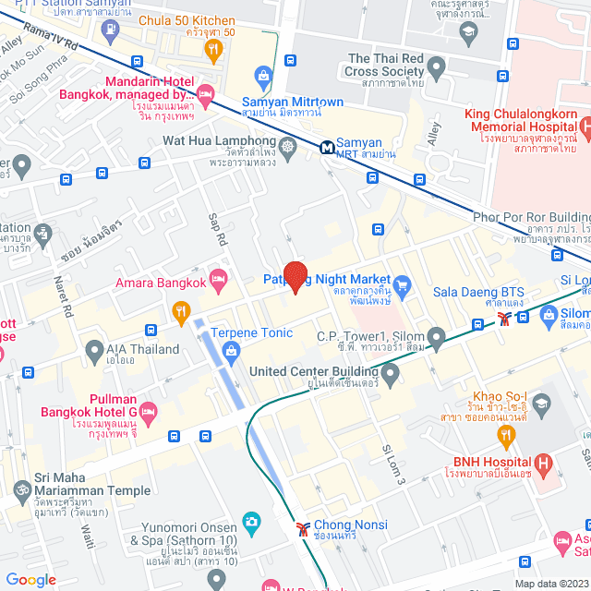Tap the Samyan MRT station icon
click(x=327, y=147)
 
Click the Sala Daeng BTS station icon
click(x=503, y=320)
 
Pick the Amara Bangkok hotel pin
click(x=219, y=277)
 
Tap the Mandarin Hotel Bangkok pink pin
click(x=205, y=93)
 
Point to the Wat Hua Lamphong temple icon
click(x=288, y=146)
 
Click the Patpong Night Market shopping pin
click(x=402, y=282)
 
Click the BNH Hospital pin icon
click(x=544, y=463)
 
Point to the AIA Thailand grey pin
click(x=94, y=350)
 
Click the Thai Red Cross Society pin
click(x=436, y=67)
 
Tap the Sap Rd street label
click(x=219, y=229)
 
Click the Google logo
click(x=30, y=580)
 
